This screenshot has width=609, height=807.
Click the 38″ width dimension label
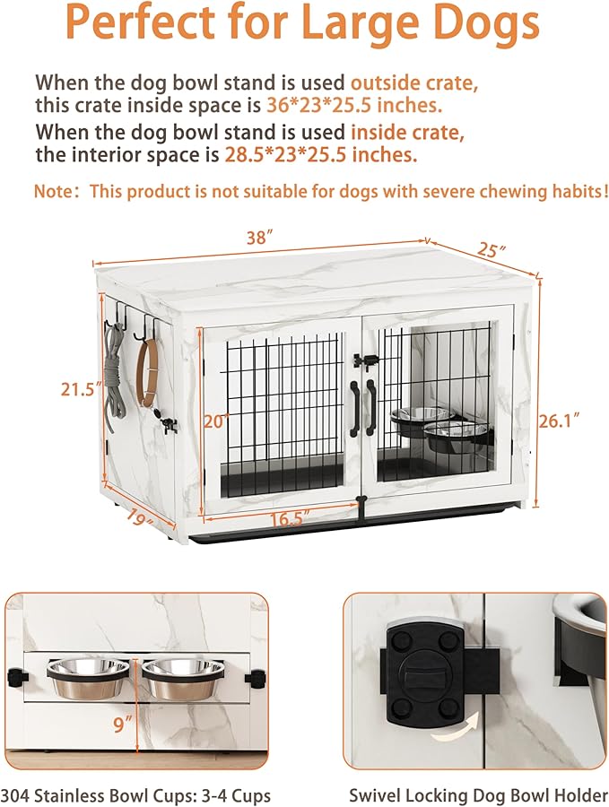[259, 239]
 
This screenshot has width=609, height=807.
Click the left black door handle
[355, 407]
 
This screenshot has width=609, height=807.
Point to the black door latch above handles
[363, 360]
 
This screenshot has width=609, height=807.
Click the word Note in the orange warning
[54, 191]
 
